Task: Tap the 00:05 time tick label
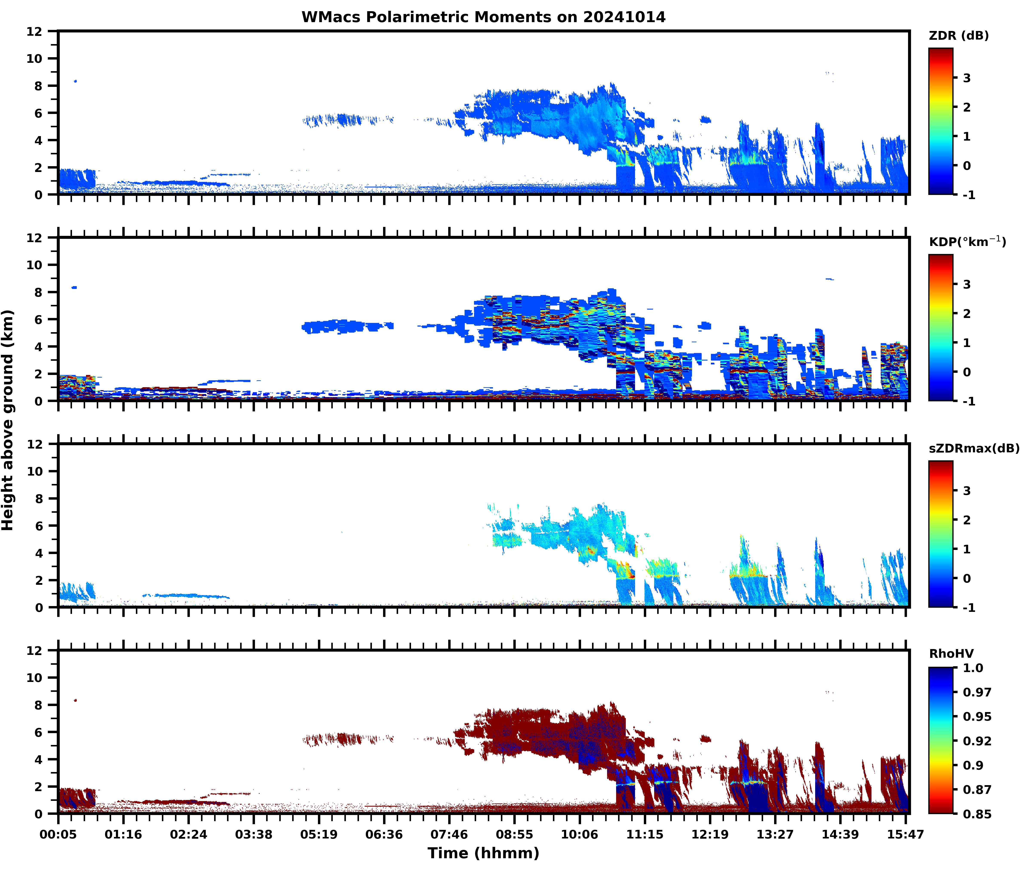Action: (x=58, y=834)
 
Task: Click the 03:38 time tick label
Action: (x=253, y=834)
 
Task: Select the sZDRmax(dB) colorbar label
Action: (x=974, y=448)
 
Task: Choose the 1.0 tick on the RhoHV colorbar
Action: (x=973, y=668)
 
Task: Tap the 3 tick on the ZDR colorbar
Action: (x=967, y=78)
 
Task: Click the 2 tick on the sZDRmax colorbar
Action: (x=967, y=520)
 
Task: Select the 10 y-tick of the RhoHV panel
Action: (x=35, y=678)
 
